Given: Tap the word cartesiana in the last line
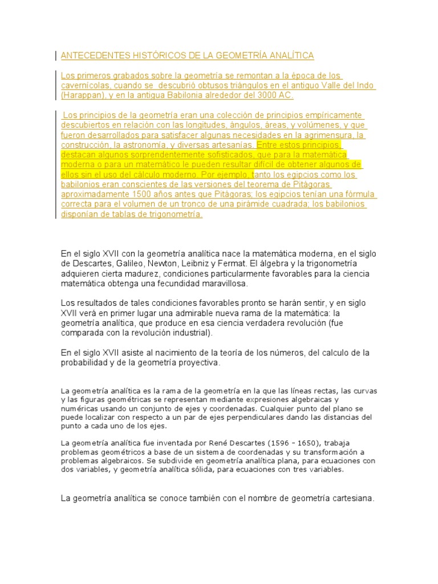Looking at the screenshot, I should coord(351,498).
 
